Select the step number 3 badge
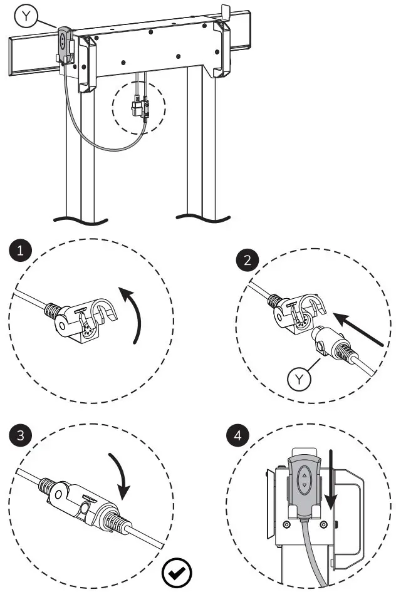pyautogui.click(x=22, y=435)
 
